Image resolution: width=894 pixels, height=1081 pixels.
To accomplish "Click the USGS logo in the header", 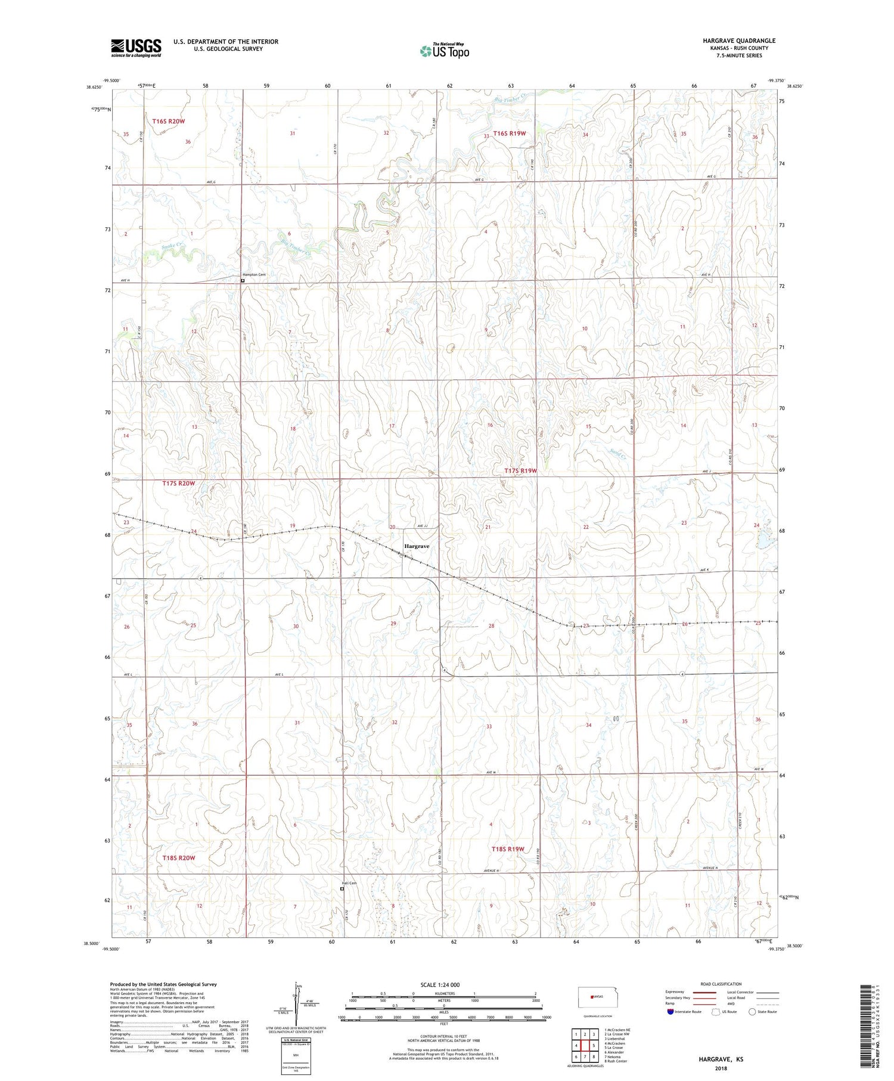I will point(136,48).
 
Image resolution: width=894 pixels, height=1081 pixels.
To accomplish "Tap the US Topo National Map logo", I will point(445,51).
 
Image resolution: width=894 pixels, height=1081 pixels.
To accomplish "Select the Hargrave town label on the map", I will point(417,546).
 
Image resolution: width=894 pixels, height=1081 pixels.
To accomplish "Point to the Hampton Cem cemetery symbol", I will point(243,280).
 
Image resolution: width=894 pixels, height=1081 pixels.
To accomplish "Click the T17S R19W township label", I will point(521,471).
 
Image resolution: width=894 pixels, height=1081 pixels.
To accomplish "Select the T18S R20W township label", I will point(179,857).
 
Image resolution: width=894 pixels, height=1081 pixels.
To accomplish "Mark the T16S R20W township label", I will point(168,121).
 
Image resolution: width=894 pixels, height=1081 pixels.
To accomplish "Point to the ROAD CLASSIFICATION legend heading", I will point(721,984).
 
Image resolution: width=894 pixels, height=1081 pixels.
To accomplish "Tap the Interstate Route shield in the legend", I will point(671,1012).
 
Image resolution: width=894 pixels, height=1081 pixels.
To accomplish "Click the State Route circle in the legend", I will point(752,1012).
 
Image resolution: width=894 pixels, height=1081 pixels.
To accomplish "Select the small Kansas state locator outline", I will point(594,996).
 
